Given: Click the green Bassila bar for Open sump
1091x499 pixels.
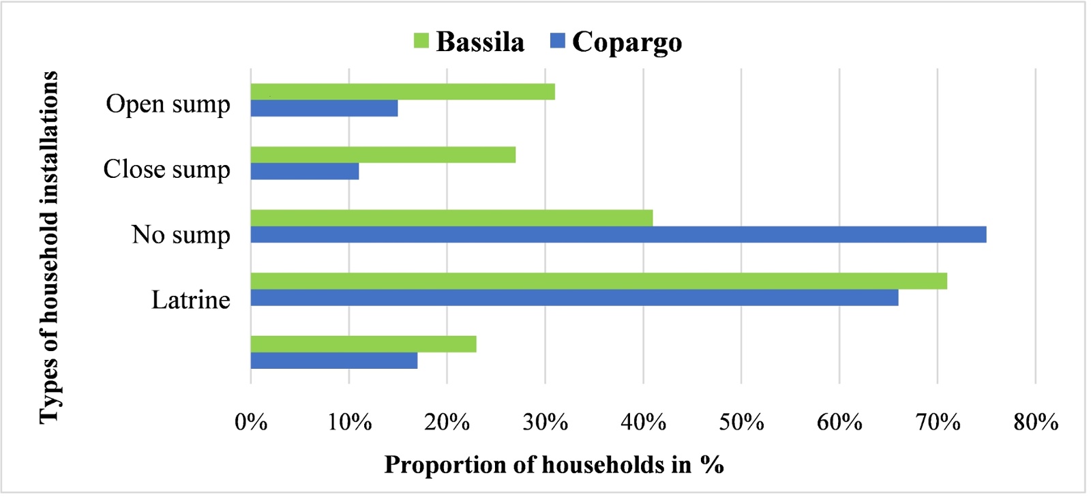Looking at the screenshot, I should (x=402, y=92).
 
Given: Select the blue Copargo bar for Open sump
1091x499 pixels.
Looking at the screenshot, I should (x=324, y=108).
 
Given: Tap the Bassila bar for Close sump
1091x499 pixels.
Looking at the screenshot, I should (x=383, y=155).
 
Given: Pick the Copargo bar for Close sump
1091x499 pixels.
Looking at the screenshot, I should (x=304, y=171).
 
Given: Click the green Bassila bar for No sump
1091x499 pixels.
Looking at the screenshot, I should (x=451, y=218).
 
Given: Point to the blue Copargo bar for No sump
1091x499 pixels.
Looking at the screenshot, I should (x=618, y=235).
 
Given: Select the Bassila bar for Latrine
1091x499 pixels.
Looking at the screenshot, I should (x=599, y=281).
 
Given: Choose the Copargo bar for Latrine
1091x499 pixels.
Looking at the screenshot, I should (x=574, y=297).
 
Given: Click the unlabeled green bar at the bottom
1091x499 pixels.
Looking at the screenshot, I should (x=363, y=344).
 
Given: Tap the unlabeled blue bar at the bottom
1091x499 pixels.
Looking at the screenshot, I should (x=333, y=361).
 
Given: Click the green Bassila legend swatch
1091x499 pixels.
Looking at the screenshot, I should (x=421, y=41).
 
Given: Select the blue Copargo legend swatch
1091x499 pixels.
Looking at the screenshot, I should (x=558, y=41).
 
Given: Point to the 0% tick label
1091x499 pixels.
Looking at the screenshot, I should (x=251, y=423).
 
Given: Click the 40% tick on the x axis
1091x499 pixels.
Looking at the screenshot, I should (x=643, y=423).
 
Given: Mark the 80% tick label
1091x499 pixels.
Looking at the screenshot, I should (x=1035, y=423).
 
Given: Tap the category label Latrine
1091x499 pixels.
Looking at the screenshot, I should (x=191, y=300).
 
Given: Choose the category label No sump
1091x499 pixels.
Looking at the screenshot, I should (x=181, y=235).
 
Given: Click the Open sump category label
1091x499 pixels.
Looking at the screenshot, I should (x=168, y=104).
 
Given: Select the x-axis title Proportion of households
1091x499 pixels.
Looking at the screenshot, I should (x=554, y=465).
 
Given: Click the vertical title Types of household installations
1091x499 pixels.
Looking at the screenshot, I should (x=49, y=247).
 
